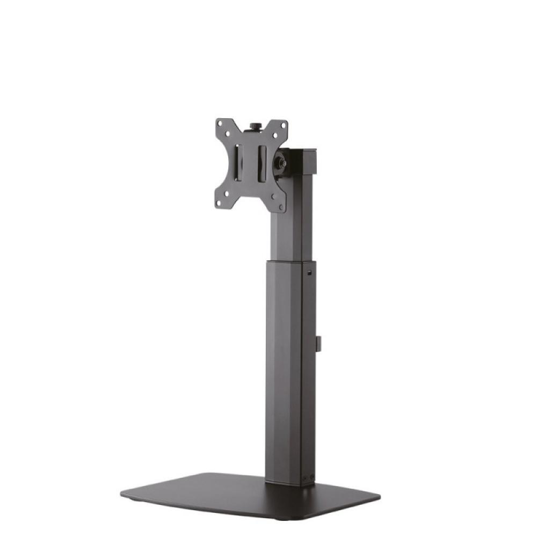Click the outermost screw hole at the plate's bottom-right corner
tap(281, 205)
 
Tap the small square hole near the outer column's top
tap(310, 272)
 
